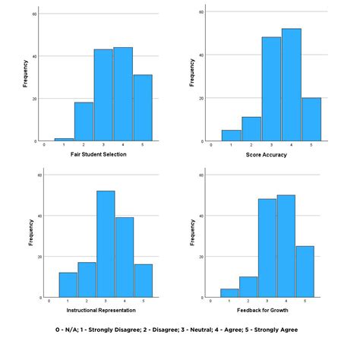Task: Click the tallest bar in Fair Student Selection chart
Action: [x=124, y=94]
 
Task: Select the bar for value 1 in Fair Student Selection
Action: [x=64, y=140]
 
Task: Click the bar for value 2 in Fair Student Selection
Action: [x=84, y=122]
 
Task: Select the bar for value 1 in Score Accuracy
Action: [x=232, y=136]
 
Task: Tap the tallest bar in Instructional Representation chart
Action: [x=105, y=243]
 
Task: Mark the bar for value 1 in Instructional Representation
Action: [x=68, y=284]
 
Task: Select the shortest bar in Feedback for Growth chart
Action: [x=229, y=292]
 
